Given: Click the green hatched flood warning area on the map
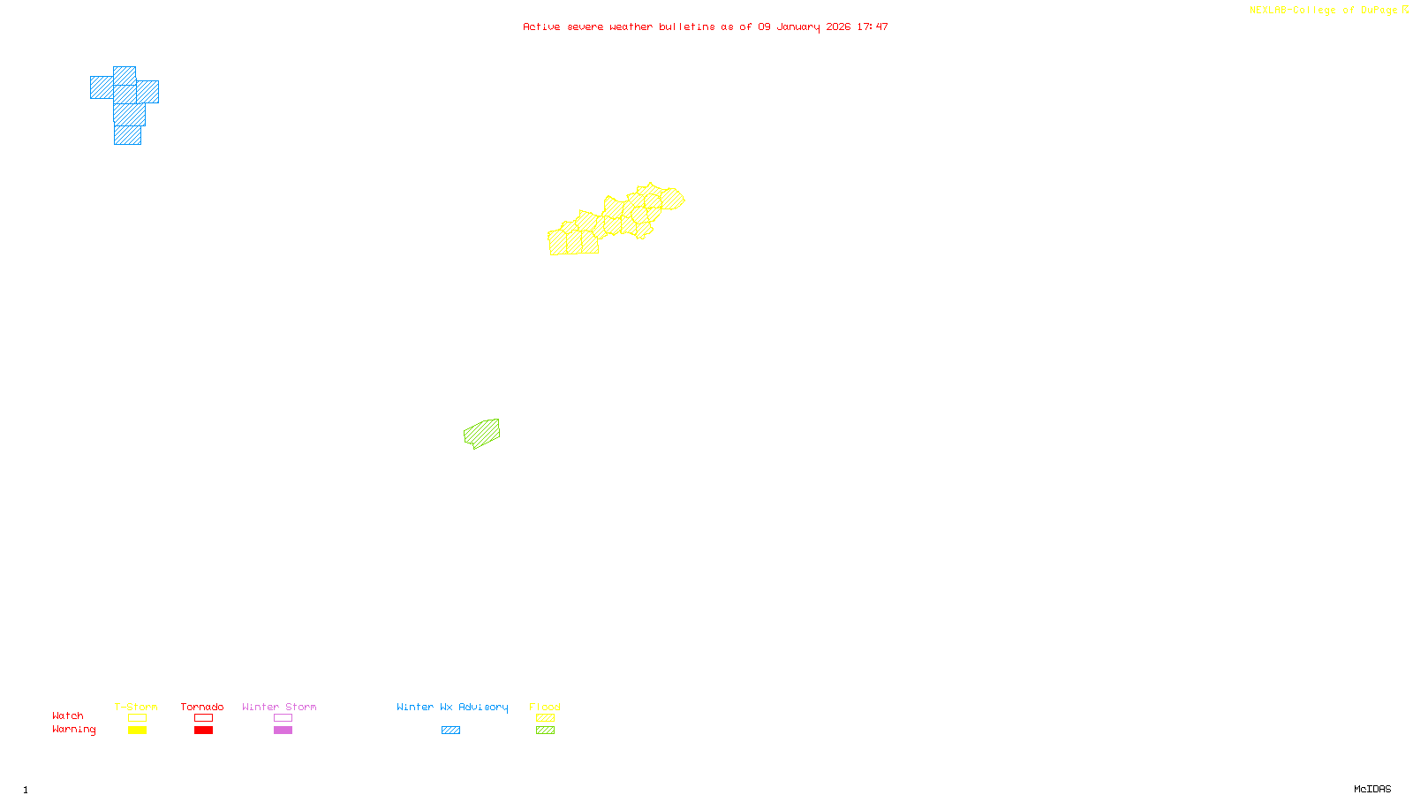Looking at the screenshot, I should coord(481,433).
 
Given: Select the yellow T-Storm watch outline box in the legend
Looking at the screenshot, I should coord(137,718).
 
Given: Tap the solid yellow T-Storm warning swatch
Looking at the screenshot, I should coord(137,731).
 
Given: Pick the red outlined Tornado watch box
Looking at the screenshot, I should coord(203,718).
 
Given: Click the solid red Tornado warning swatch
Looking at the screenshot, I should coord(203,731).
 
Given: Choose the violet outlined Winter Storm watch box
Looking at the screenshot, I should coord(283,718).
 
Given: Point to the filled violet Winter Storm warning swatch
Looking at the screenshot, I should coord(283,731).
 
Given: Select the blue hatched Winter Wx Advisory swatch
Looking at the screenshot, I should coord(450,731).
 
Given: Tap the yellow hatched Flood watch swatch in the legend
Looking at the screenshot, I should coord(545,718).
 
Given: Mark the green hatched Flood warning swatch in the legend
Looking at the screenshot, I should coord(545,731).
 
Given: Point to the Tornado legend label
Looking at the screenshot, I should coord(202,707).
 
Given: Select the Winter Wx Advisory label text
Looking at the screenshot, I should coord(452,707).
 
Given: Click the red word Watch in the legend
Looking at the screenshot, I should coord(68,715).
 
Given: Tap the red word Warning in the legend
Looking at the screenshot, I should coord(74,730).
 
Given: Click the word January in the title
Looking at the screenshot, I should coord(798,26).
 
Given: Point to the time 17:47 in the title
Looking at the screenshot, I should coord(873,26).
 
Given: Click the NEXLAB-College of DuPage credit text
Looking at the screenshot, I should coord(1324,11).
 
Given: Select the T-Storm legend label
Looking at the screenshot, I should coord(136,707).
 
